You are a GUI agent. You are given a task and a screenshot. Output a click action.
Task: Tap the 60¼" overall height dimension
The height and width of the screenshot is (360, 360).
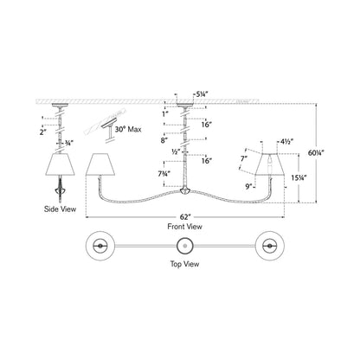click(x=316, y=153)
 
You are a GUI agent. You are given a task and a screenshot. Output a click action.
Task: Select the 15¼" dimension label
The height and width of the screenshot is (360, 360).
click(x=299, y=178)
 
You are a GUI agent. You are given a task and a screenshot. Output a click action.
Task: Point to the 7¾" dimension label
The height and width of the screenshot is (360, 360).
click(x=163, y=174)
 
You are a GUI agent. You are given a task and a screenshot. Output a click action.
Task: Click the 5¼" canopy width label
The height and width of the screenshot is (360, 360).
click(x=202, y=93)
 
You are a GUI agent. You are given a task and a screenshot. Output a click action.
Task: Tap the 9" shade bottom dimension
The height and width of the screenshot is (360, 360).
click(x=248, y=186)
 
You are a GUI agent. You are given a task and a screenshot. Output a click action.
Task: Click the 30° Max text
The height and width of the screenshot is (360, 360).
click(x=128, y=129)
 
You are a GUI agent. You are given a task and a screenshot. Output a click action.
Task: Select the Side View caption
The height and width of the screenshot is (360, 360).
click(x=60, y=209)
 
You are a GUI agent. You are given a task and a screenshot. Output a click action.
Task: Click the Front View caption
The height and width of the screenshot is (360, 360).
click(x=184, y=227)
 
